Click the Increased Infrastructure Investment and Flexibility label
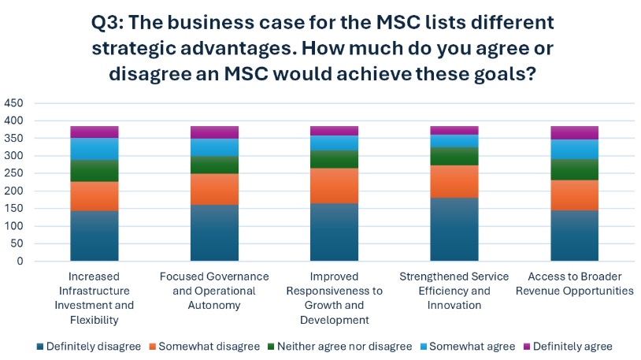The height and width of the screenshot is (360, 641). [x=94, y=298]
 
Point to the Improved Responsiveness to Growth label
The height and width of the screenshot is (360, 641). [x=335, y=298]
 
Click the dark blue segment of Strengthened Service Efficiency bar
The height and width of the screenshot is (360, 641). [x=454, y=229]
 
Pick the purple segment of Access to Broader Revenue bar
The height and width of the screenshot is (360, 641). [x=575, y=132]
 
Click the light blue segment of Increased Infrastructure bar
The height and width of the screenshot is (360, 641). [x=94, y=149]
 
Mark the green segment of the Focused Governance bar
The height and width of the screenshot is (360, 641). [x=214, y=165]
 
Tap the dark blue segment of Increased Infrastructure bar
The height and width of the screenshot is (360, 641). [x=94, y=236]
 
